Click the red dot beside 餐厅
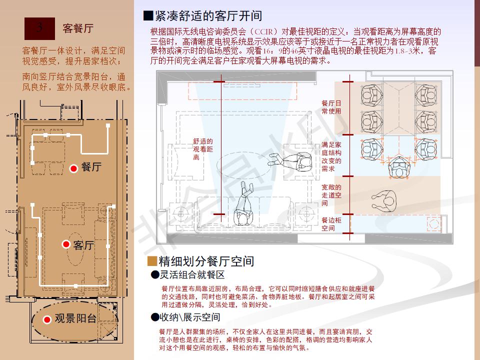73,169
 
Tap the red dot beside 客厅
65,244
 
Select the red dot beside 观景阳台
47,319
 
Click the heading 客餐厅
78,28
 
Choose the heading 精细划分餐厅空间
206,261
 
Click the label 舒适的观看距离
203,149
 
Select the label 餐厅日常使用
331,107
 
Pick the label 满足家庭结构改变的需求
331,157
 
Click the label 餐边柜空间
328,224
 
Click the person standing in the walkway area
384,200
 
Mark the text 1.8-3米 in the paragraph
406,51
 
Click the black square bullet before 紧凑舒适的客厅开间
147,16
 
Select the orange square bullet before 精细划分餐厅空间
152,261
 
